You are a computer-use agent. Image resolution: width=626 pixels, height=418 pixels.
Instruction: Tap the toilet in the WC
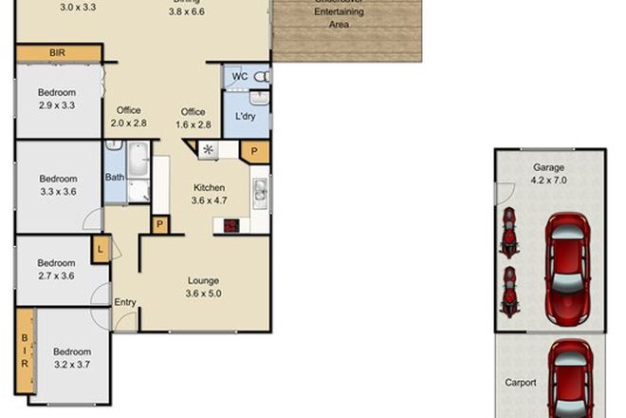[262, 75]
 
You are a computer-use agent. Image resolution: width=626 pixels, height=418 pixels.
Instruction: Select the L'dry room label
[246, 117]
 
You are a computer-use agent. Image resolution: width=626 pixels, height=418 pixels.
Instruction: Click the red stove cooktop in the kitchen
[230, 225]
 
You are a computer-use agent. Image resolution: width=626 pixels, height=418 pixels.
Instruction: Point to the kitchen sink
[259, 192]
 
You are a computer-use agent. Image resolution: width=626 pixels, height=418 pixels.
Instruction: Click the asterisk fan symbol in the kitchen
[207, 149]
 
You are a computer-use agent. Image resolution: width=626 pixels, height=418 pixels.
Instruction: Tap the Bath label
[115, 177]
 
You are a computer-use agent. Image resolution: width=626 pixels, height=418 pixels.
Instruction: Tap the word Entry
[125, 303]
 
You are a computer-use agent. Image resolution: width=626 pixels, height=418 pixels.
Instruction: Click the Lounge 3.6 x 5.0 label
[204, 287]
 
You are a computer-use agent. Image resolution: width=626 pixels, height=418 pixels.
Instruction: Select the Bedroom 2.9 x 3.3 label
[56, 98]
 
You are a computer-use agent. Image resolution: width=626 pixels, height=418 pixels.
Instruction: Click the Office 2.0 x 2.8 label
[129, 117]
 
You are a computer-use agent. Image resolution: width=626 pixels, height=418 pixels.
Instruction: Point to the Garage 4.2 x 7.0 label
[549, 174]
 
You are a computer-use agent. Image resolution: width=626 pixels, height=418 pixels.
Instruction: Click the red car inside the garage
[565, 256]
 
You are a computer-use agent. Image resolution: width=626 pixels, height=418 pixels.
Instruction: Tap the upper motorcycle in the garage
[509, 232]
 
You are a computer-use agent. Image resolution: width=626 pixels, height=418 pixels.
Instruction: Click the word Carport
[520, 383]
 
